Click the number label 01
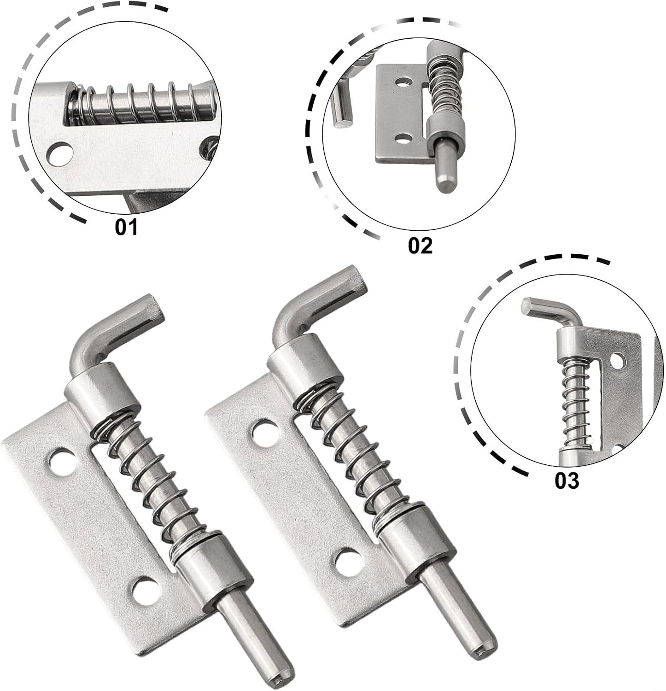click(x=126, y=228)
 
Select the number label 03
click(x=566, y=481)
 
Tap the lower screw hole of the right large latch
click(x=347, y=562)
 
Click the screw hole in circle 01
click(x=60, y=153)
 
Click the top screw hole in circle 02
click(x=404, y=83)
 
